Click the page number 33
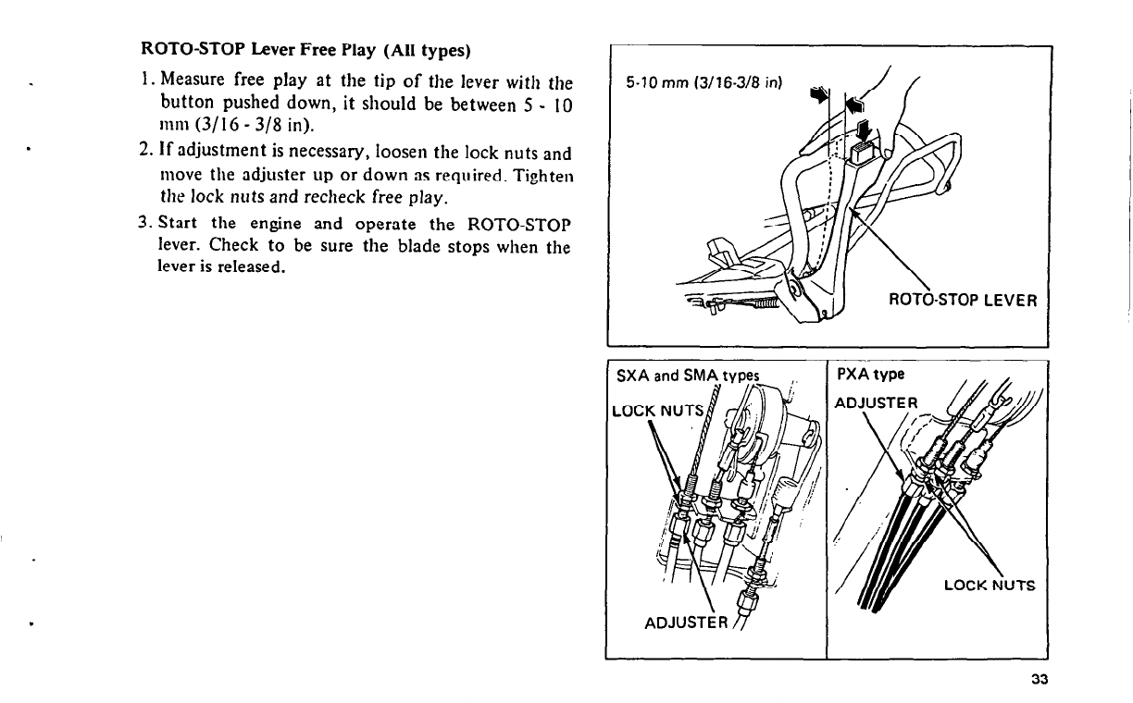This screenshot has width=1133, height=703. point(1038,680)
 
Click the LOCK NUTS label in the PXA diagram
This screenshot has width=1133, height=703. point(989,585)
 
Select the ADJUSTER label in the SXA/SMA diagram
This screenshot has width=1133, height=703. point(684,621)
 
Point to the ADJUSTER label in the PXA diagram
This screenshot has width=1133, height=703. point(875,402)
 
